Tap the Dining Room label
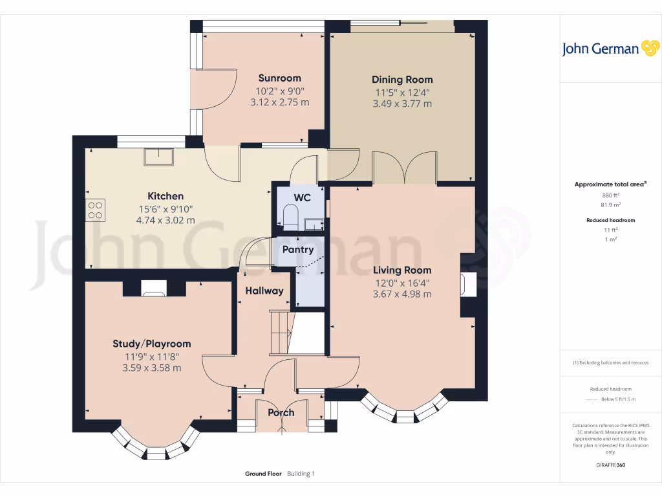[x=402, y=80]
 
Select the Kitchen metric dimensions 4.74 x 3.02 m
[x=165, y=220]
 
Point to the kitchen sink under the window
[x=158, y=157]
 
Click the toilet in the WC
[x=290, y=216]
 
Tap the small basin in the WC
[x=315, y=225]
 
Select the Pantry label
[x=298, y=249]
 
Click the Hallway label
[x=264, y=291]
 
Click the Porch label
[x=281, y=412]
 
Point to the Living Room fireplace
[x=467, y=285]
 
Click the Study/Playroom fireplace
[x=153, y=289]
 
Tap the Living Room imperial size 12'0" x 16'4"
[x=402, y=282]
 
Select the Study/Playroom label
[x=152, y=344]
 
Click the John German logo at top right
[x=610, y=49]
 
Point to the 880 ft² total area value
[x=611, y=195]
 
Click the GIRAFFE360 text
[x=611, y=465]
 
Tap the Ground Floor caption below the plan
[x=263, y=474]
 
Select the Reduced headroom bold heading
[x=611, y=220]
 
